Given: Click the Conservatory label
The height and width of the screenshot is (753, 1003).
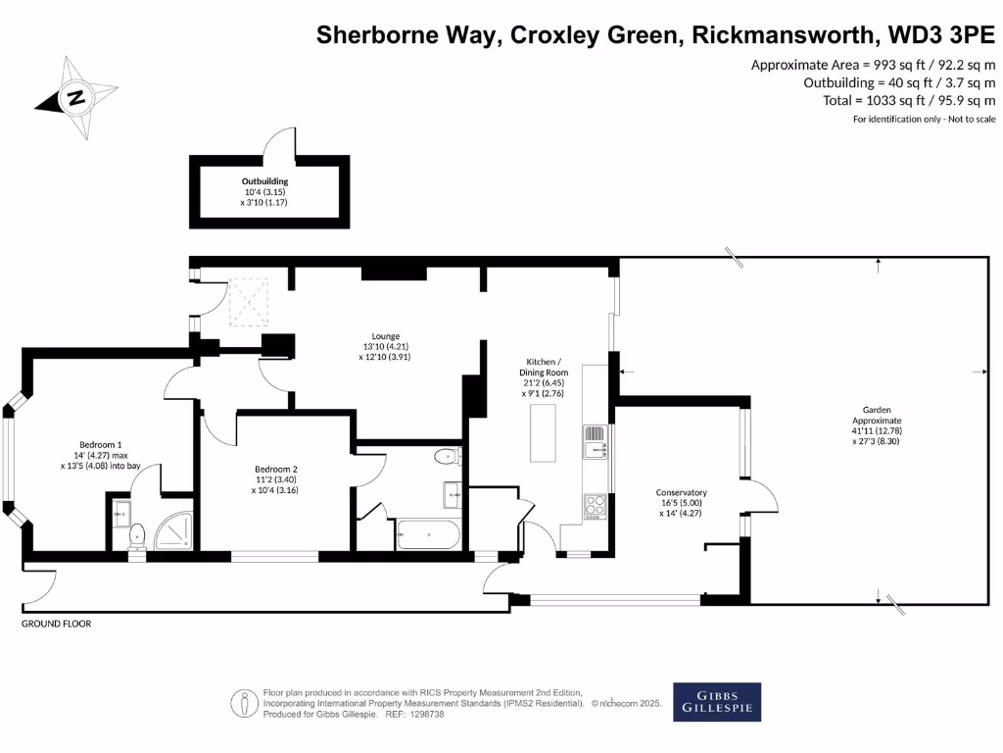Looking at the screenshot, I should pos(682,502).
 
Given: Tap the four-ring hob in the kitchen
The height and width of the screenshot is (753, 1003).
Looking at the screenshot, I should pos(595,506).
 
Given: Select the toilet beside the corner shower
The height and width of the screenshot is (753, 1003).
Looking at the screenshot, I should pos(137,534).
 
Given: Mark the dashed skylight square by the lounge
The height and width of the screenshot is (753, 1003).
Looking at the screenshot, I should pos(249,301).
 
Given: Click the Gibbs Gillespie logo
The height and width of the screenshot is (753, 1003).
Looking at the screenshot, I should pos(717,701).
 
